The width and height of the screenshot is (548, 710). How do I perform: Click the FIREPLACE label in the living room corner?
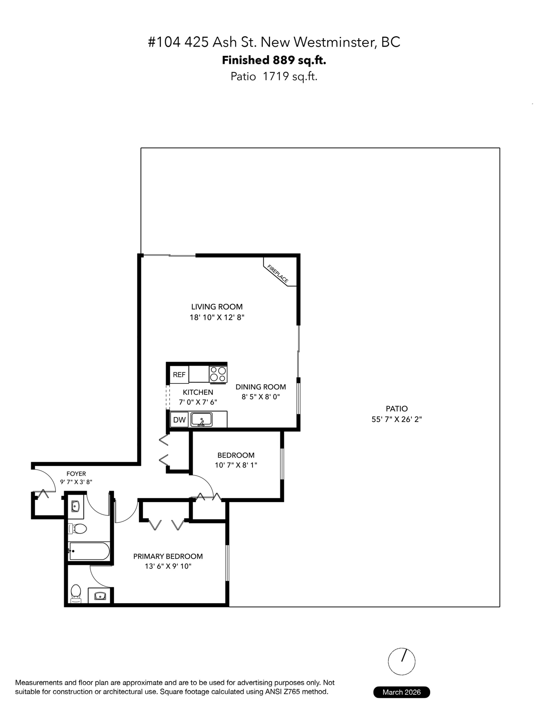click(x=277, y=274)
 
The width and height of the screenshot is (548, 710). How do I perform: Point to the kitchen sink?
click(x=201, y=419)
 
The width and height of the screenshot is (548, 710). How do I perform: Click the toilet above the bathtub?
click(x=77, y=529)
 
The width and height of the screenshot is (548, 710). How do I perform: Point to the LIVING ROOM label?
click(x=217, y=307)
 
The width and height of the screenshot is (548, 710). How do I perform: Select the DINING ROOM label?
click(x=261, y=387)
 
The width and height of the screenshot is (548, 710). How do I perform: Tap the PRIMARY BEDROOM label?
click(x=168, y=556)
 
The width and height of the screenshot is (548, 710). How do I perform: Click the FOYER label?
click(x=76, y=474)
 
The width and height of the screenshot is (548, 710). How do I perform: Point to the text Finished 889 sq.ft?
click(x=274, y=60)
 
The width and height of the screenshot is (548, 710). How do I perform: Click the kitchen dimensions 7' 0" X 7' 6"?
click(x=198, y=402)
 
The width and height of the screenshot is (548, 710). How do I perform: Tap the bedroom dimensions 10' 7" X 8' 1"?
click(x=236, y=465)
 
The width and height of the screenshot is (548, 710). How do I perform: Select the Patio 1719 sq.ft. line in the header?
click(x=274, y=76)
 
